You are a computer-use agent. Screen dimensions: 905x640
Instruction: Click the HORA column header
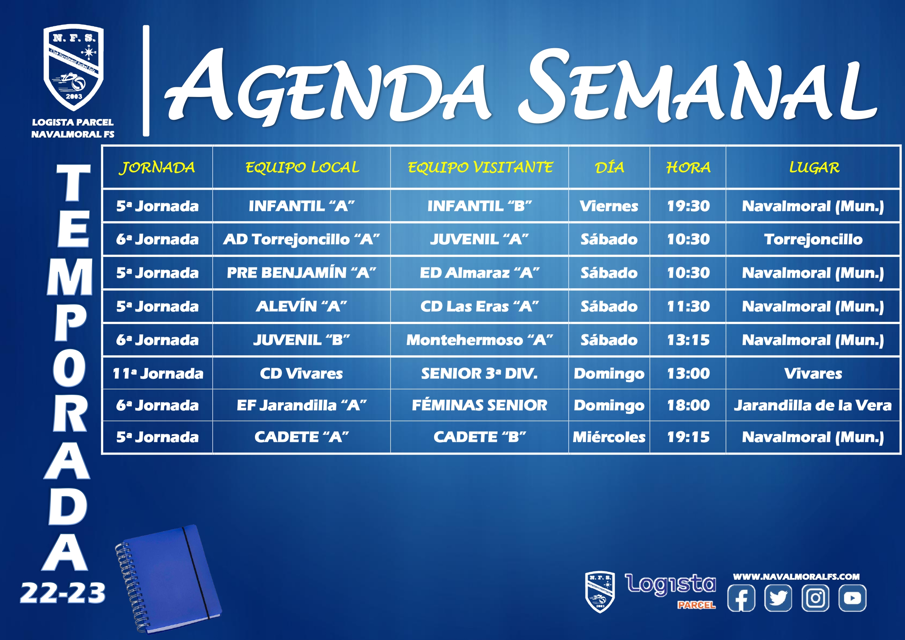coord(688,167)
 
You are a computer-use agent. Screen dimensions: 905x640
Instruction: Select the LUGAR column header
coord(814,167)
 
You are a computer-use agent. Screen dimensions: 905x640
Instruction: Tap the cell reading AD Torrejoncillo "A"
coord(302,239)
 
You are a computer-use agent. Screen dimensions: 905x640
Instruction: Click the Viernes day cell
coord(609,206)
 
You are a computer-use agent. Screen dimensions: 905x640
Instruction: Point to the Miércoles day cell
coord(609,437)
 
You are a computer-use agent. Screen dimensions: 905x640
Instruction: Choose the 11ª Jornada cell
coord(158,373)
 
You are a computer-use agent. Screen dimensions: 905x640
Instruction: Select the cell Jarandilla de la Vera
coord(813,405)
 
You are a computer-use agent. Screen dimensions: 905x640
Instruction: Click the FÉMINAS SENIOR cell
coord(479,405)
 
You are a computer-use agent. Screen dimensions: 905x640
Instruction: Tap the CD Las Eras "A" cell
coord(479,306)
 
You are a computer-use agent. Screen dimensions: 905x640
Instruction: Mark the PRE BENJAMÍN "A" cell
coord(302,273)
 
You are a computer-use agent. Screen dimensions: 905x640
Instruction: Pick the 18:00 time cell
coord(688,405)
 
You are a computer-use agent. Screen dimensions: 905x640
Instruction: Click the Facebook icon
coord(741,598)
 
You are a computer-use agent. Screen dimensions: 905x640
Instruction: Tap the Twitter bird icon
coord(778,598)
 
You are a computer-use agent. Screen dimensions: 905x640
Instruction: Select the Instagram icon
coord(815,598)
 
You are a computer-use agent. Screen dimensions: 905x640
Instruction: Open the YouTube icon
coord(852,598)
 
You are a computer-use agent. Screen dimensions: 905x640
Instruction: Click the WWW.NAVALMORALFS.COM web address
coord(796,577)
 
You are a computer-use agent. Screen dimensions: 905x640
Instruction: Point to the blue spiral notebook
coord(168,579)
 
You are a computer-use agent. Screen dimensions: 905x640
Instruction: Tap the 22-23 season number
coord(63,593)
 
